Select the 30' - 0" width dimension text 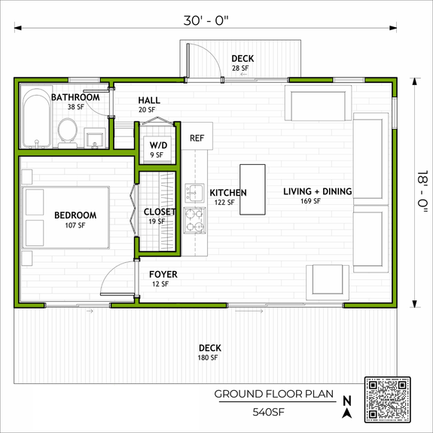206,20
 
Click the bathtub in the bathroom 36,119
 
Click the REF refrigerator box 197,138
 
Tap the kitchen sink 194,192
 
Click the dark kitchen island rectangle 252,190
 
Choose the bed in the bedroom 68,218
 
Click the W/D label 158,145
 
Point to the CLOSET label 160,212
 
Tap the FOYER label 163,274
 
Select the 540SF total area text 268,412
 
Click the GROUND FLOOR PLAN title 270,394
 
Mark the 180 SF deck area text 208,358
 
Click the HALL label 149,101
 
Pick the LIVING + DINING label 317,191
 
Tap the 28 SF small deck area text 241,69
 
